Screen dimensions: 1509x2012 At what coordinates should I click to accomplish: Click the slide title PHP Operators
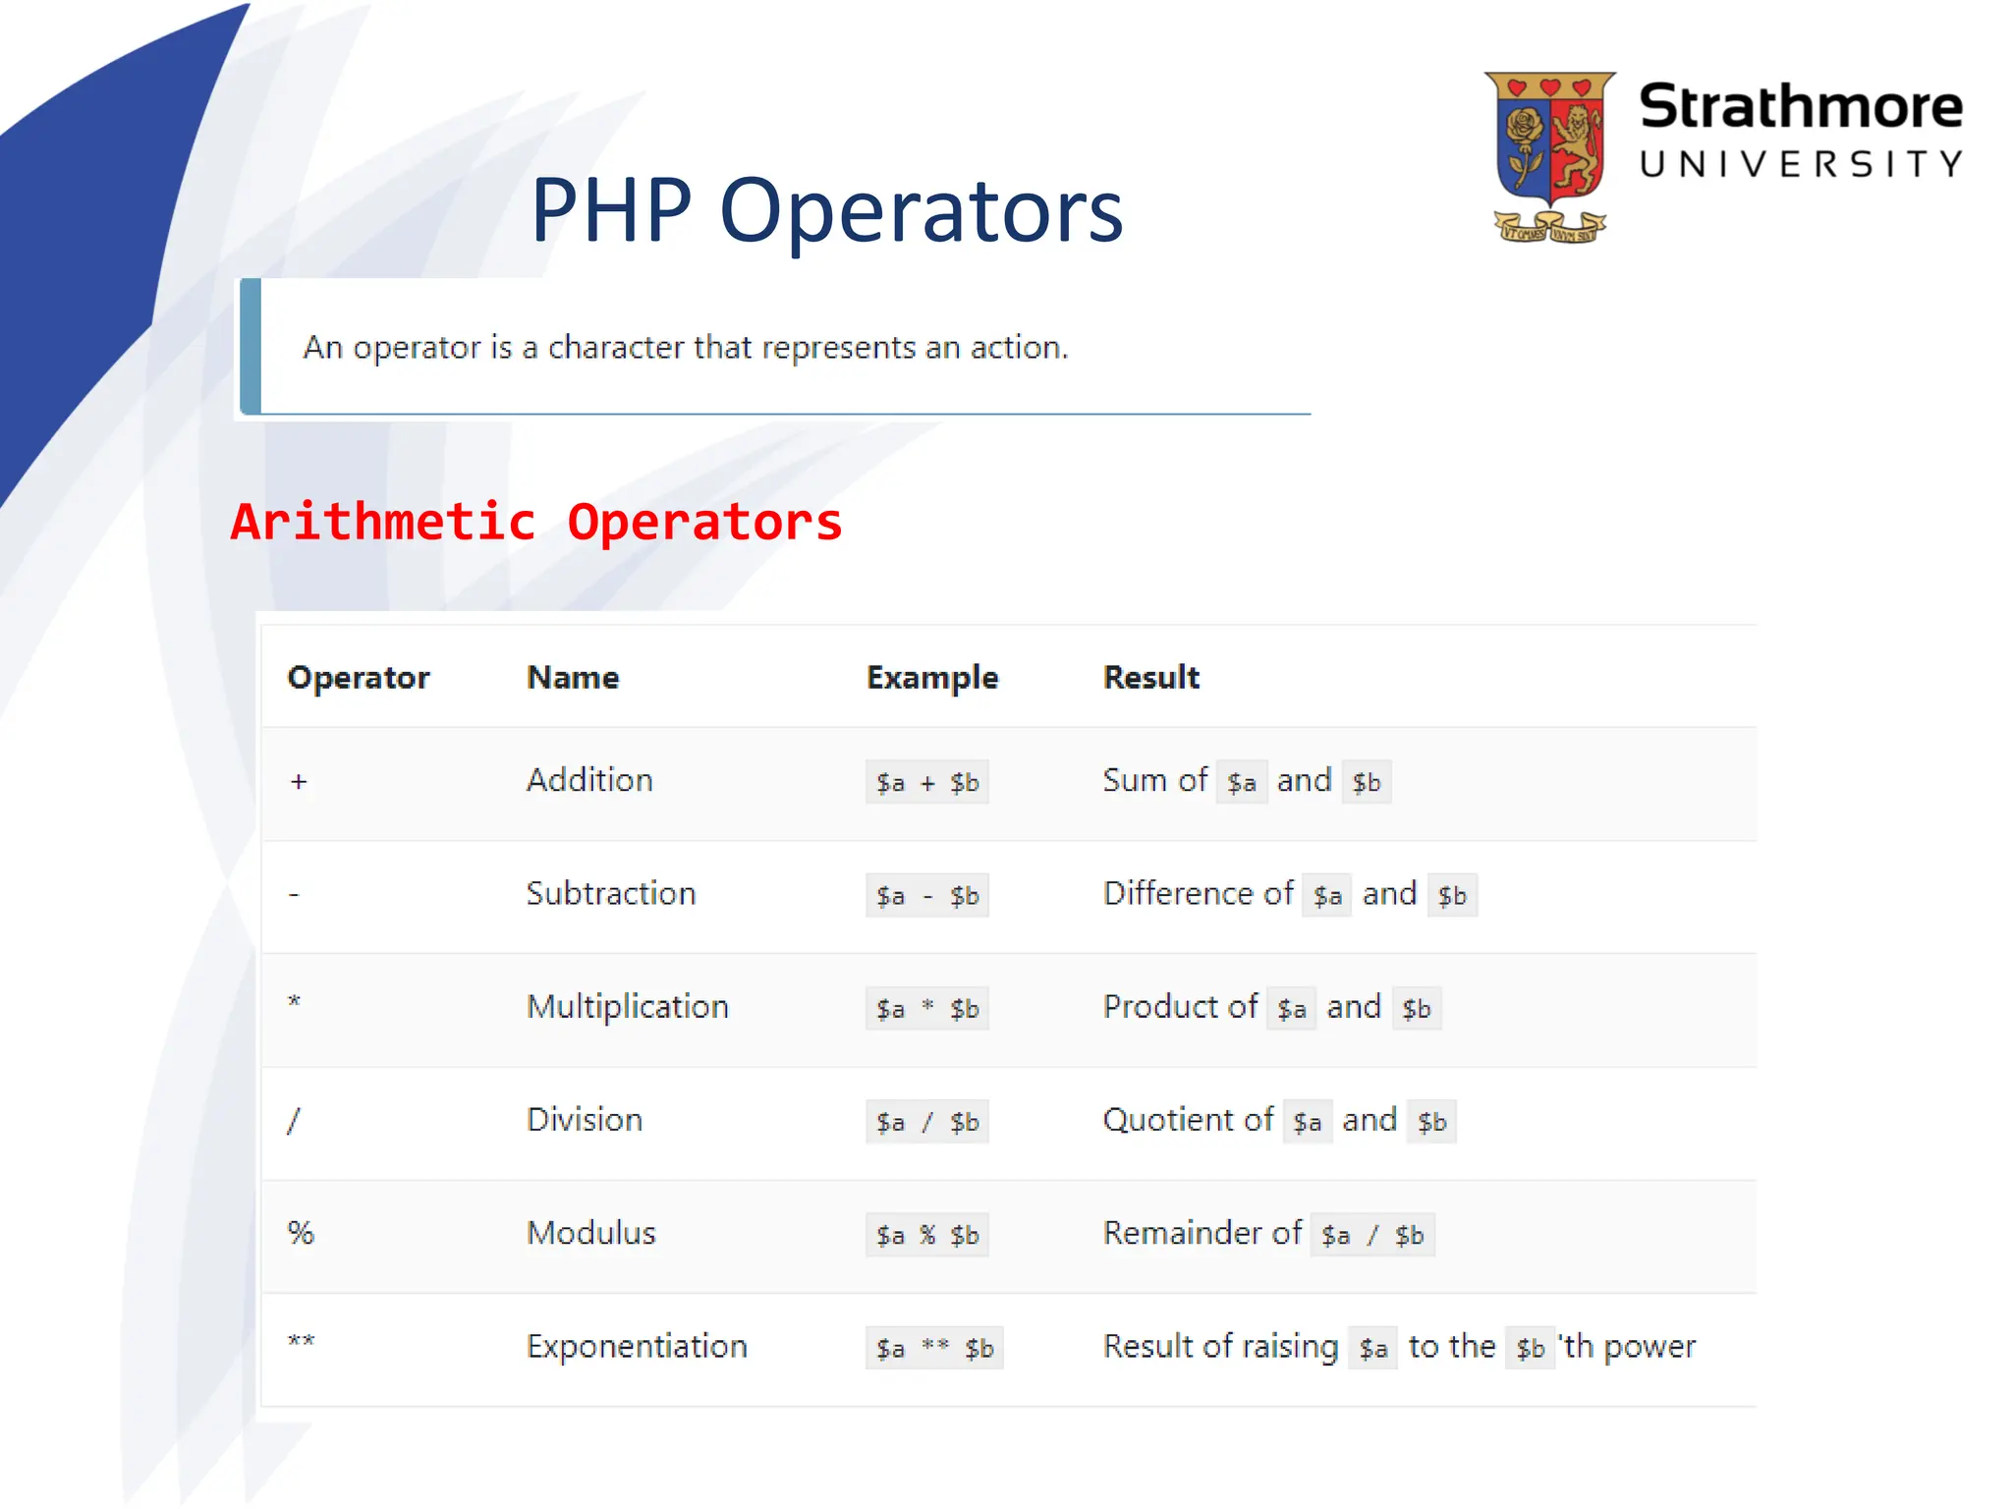click(x=826, y=210)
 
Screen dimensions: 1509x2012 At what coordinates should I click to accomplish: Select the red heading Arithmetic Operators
click(x=536, y=522)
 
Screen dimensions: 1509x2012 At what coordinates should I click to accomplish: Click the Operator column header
click(x=359, y=678)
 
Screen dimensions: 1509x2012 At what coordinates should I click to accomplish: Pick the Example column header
click(x=931, y=678)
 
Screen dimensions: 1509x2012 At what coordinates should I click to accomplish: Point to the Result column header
click(x=1150, y=678)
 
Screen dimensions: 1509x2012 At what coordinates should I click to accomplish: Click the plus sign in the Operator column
click(x=299, y=782)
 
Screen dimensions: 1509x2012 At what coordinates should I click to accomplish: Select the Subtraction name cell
click(x=610, y=894)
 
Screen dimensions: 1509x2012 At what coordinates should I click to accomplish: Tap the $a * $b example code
click(x=926, y=1009)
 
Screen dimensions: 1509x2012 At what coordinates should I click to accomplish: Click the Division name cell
click(x=584, y=1120)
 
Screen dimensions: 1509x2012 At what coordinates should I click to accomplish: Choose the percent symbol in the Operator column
click(x=301, y=1233)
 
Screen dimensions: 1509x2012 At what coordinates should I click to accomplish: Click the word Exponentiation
click(x=637, y=1347)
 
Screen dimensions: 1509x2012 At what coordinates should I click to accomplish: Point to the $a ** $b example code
click(x=934, y=1349)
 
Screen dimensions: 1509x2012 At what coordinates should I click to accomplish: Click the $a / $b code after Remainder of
click(x=1371, y=1236)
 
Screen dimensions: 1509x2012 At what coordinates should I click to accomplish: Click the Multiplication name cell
click(x=627, y=1007)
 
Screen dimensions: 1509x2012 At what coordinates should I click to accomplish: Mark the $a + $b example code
click(x=926, y=783)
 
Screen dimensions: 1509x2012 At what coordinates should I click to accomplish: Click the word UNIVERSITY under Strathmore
click(x=1801, y=164)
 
